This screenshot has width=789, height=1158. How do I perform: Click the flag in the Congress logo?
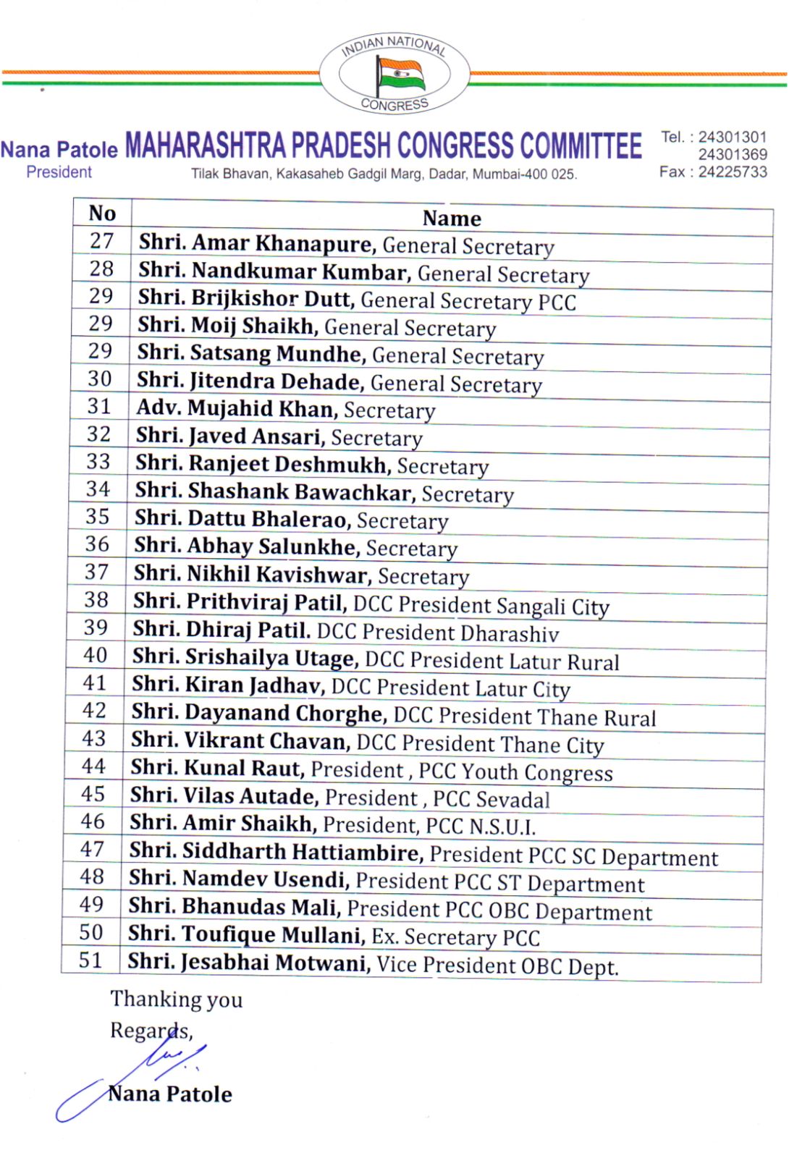point(400,74)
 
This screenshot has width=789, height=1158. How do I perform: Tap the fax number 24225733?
point(733,172)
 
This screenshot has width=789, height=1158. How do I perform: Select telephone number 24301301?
point(733,137)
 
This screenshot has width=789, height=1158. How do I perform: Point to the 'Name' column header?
point(452,218)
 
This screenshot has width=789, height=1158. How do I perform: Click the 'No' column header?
point(102,214)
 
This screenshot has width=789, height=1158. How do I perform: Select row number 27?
point(102,241)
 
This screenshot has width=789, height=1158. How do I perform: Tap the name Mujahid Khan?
point(263,409)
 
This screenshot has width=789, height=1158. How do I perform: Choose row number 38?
point(96,600)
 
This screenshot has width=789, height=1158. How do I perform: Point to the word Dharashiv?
point(510,634)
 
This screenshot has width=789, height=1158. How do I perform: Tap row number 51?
point(90,960)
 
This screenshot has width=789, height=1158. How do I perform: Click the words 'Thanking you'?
point(176,999)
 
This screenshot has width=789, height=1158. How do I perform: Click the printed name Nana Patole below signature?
point(170,1094)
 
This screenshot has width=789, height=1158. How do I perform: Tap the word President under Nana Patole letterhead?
point(59,172)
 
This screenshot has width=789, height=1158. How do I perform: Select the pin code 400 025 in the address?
point(552,174)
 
